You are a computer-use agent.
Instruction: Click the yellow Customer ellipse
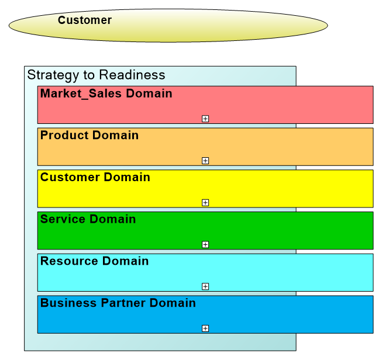(x=168, y=26)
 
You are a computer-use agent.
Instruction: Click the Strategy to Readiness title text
(x=97, y=75)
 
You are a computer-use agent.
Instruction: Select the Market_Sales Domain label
(x=106, y=94)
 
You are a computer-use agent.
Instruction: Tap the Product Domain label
(x=90, y=136)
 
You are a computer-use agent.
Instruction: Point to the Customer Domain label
(x=95, y=177)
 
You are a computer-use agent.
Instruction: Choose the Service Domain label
(x=88, y=219)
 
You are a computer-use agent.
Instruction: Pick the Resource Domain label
(x=94, y=261)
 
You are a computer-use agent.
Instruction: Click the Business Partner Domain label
(x=118, y=303)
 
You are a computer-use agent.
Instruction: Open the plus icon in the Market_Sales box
(x=205, y=119)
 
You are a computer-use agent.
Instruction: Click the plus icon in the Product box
(x=205, y=161)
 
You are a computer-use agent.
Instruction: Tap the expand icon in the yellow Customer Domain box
(x=205, y=203)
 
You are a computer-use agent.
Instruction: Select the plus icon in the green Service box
(x=205, y=244)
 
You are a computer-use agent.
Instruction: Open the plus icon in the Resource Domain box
(x=205, y=286)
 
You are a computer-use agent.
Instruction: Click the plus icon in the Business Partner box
(x=205, y=328)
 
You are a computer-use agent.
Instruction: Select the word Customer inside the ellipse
(x=85, y=20)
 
